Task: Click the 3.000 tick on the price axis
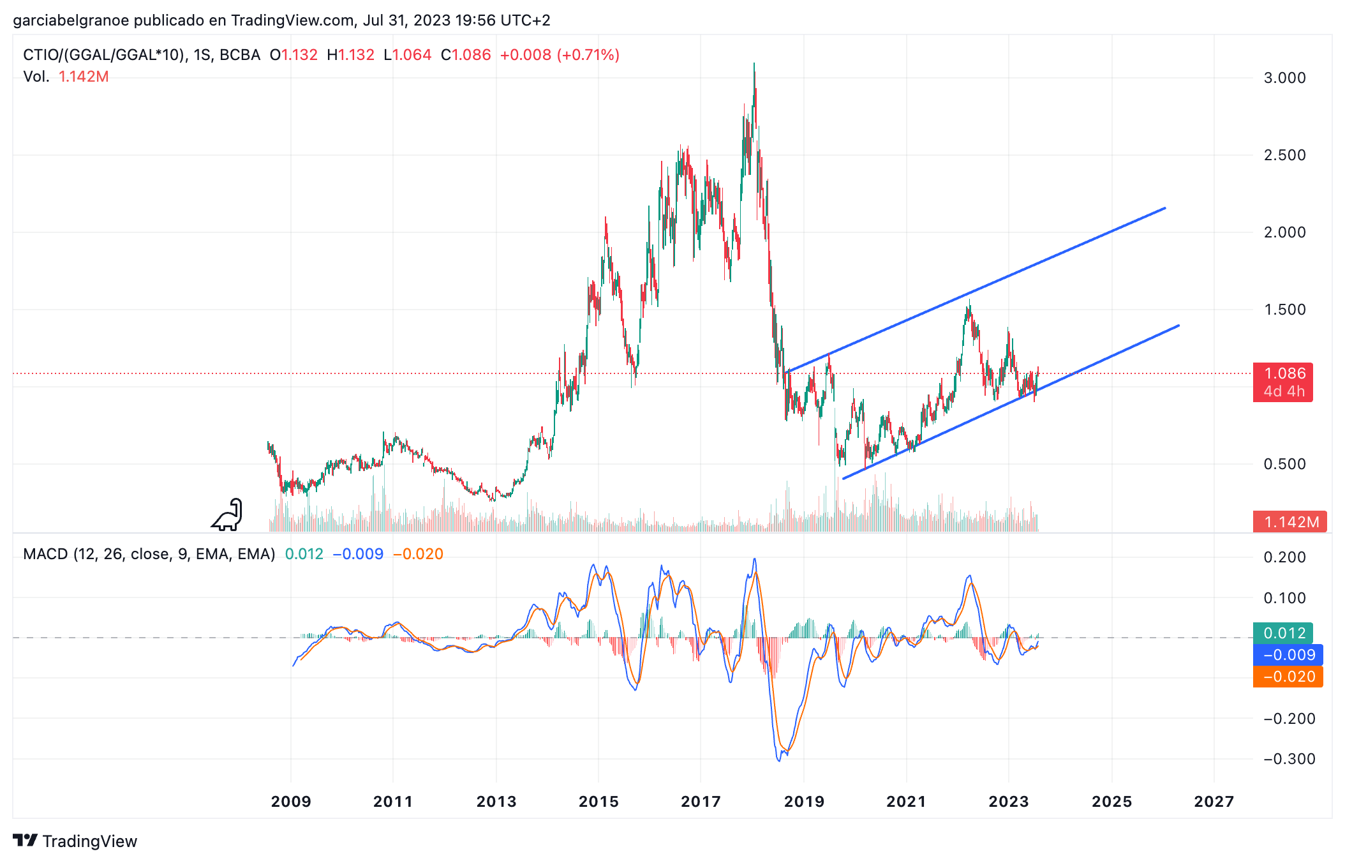(1284, 78)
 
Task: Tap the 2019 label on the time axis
(804, 802)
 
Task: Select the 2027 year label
(1214, 802)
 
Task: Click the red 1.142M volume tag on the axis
(1290, 522)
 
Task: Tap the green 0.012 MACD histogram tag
(1283, 633)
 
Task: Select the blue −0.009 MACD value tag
(1288, 655)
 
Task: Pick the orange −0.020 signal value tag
(1288, 677)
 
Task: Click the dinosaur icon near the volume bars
(228, 515)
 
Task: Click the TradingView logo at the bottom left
(75, 841)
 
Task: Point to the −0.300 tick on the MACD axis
(1289, 759)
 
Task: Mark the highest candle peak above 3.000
(754, 64)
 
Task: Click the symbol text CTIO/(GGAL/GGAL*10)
(105, 55)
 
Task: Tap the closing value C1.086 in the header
(466, 55)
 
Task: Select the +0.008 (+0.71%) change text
(560, 55)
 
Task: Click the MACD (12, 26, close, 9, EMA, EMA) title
(149, 554)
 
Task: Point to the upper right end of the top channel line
(1164, 208)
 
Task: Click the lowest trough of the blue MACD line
(779, 760)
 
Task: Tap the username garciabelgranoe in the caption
(71, 20)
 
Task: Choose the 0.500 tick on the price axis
(1284, 464)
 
